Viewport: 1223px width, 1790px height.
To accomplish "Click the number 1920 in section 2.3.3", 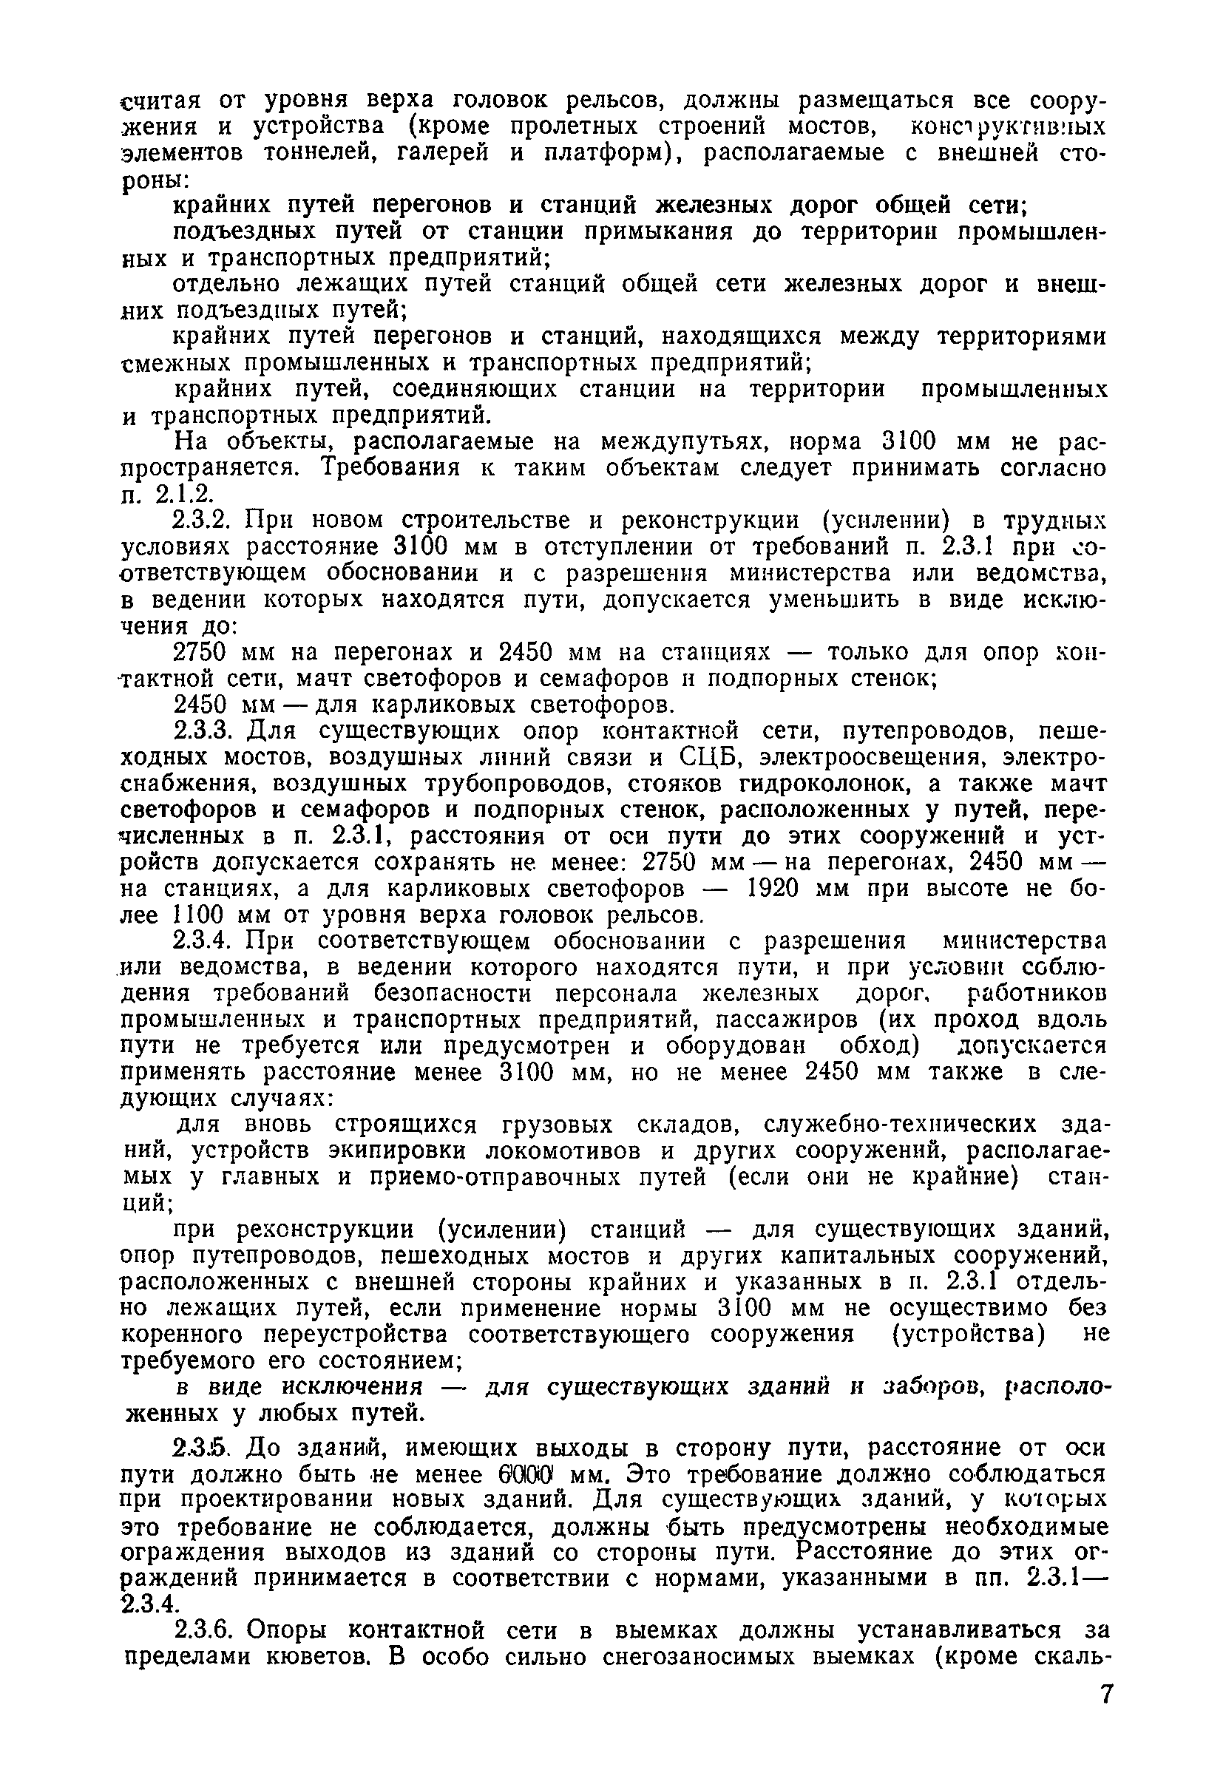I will [x=778, y=889].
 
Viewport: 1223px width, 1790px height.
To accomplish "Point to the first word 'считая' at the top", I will [x=163, y=101].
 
